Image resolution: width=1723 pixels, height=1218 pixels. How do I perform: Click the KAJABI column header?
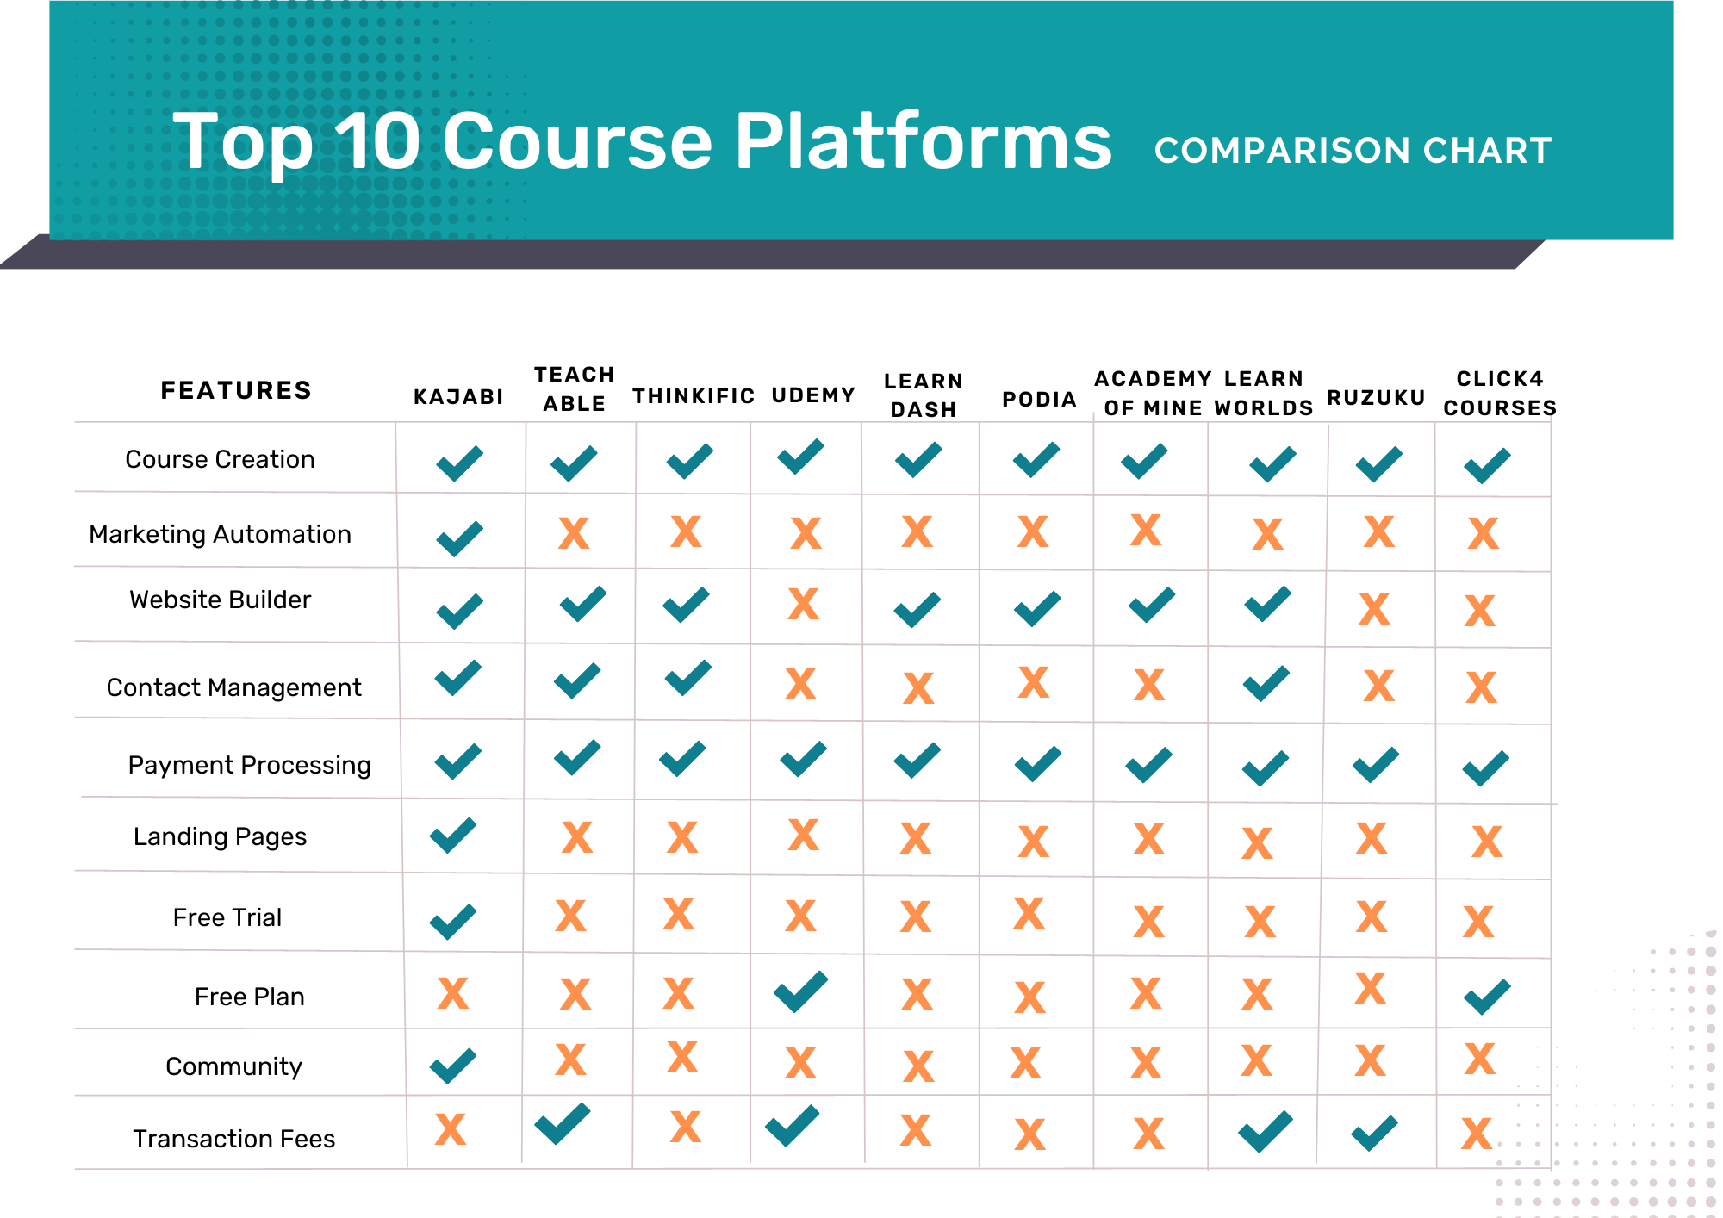pyautogui.click(x=458, y=396)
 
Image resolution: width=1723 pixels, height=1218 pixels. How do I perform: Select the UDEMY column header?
pyautogui.click(x=813, y=395)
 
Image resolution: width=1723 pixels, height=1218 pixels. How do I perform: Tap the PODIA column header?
pyautogui.click(x=1039, y=399)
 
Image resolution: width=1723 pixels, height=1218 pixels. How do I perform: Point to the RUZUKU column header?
pyautogui.click(x=1376, y=397)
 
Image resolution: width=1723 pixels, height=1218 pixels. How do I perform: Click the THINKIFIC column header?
pyautogui.click(x=694, y=396)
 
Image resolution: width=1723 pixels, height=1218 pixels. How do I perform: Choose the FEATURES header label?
pyautogui.click(x=236, y=390)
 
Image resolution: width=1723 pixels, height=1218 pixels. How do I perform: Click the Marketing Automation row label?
pyautogui.click(x=221, y=534)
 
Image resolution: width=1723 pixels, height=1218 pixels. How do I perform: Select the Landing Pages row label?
pyautogui.click(x=220, y=836)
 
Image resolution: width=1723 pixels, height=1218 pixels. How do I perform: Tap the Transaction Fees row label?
pyautogui.click(x=233, y=1139)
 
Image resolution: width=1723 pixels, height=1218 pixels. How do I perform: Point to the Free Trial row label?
pyautogui.click(x=227, y=917)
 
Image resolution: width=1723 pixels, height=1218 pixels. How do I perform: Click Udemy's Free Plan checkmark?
pyautogui.click(x=800, y=991)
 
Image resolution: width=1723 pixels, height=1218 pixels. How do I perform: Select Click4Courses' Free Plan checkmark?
pyautogui.click(x=1487, y=997)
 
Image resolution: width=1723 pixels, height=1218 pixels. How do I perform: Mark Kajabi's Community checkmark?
pyautogui.click(x=453, y=1066)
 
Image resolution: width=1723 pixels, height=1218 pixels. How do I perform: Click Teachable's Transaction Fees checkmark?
pyautogui.click(x=563, y=1123)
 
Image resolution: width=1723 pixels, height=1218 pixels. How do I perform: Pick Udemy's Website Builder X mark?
pyautogui.click(x=803, y=604)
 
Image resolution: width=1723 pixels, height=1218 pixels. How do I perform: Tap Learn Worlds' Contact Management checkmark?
pyautogui.click(x=1266, y=684)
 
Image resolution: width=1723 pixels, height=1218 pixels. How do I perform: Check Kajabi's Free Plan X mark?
pyautogui.click(x=452, y=993)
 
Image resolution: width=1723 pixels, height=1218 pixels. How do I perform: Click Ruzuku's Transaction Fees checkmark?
pyautogui.click(x=1374, y=1133)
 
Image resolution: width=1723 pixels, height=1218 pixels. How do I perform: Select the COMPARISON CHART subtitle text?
pyautogui.click(x=1353, y=151)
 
